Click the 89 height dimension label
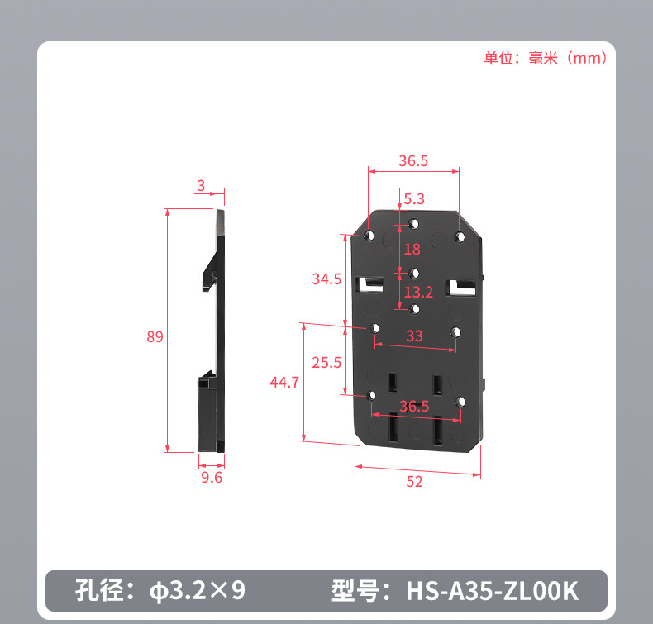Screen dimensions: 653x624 pos(155,337)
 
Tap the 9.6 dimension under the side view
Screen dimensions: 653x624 pos(212,478)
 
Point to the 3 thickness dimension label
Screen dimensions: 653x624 pos(200,184)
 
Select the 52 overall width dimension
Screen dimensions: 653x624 pos(414,482)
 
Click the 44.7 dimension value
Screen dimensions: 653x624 pos(284,382)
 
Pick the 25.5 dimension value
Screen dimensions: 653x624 pos(326,362)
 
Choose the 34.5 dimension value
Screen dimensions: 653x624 pos(326,279)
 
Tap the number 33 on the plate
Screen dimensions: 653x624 pos(414,336)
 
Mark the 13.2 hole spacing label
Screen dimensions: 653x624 pos(418,292)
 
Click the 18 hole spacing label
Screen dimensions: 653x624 pos(412,249)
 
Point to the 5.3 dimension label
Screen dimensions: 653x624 pos(414,199)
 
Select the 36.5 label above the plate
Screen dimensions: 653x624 pos(413,161)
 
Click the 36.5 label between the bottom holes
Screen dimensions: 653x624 pos(414,406)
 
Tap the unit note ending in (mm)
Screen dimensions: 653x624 pos(546,58)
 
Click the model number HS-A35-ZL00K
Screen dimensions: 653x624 pos(492,591)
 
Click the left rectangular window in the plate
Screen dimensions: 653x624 pos(371,284)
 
